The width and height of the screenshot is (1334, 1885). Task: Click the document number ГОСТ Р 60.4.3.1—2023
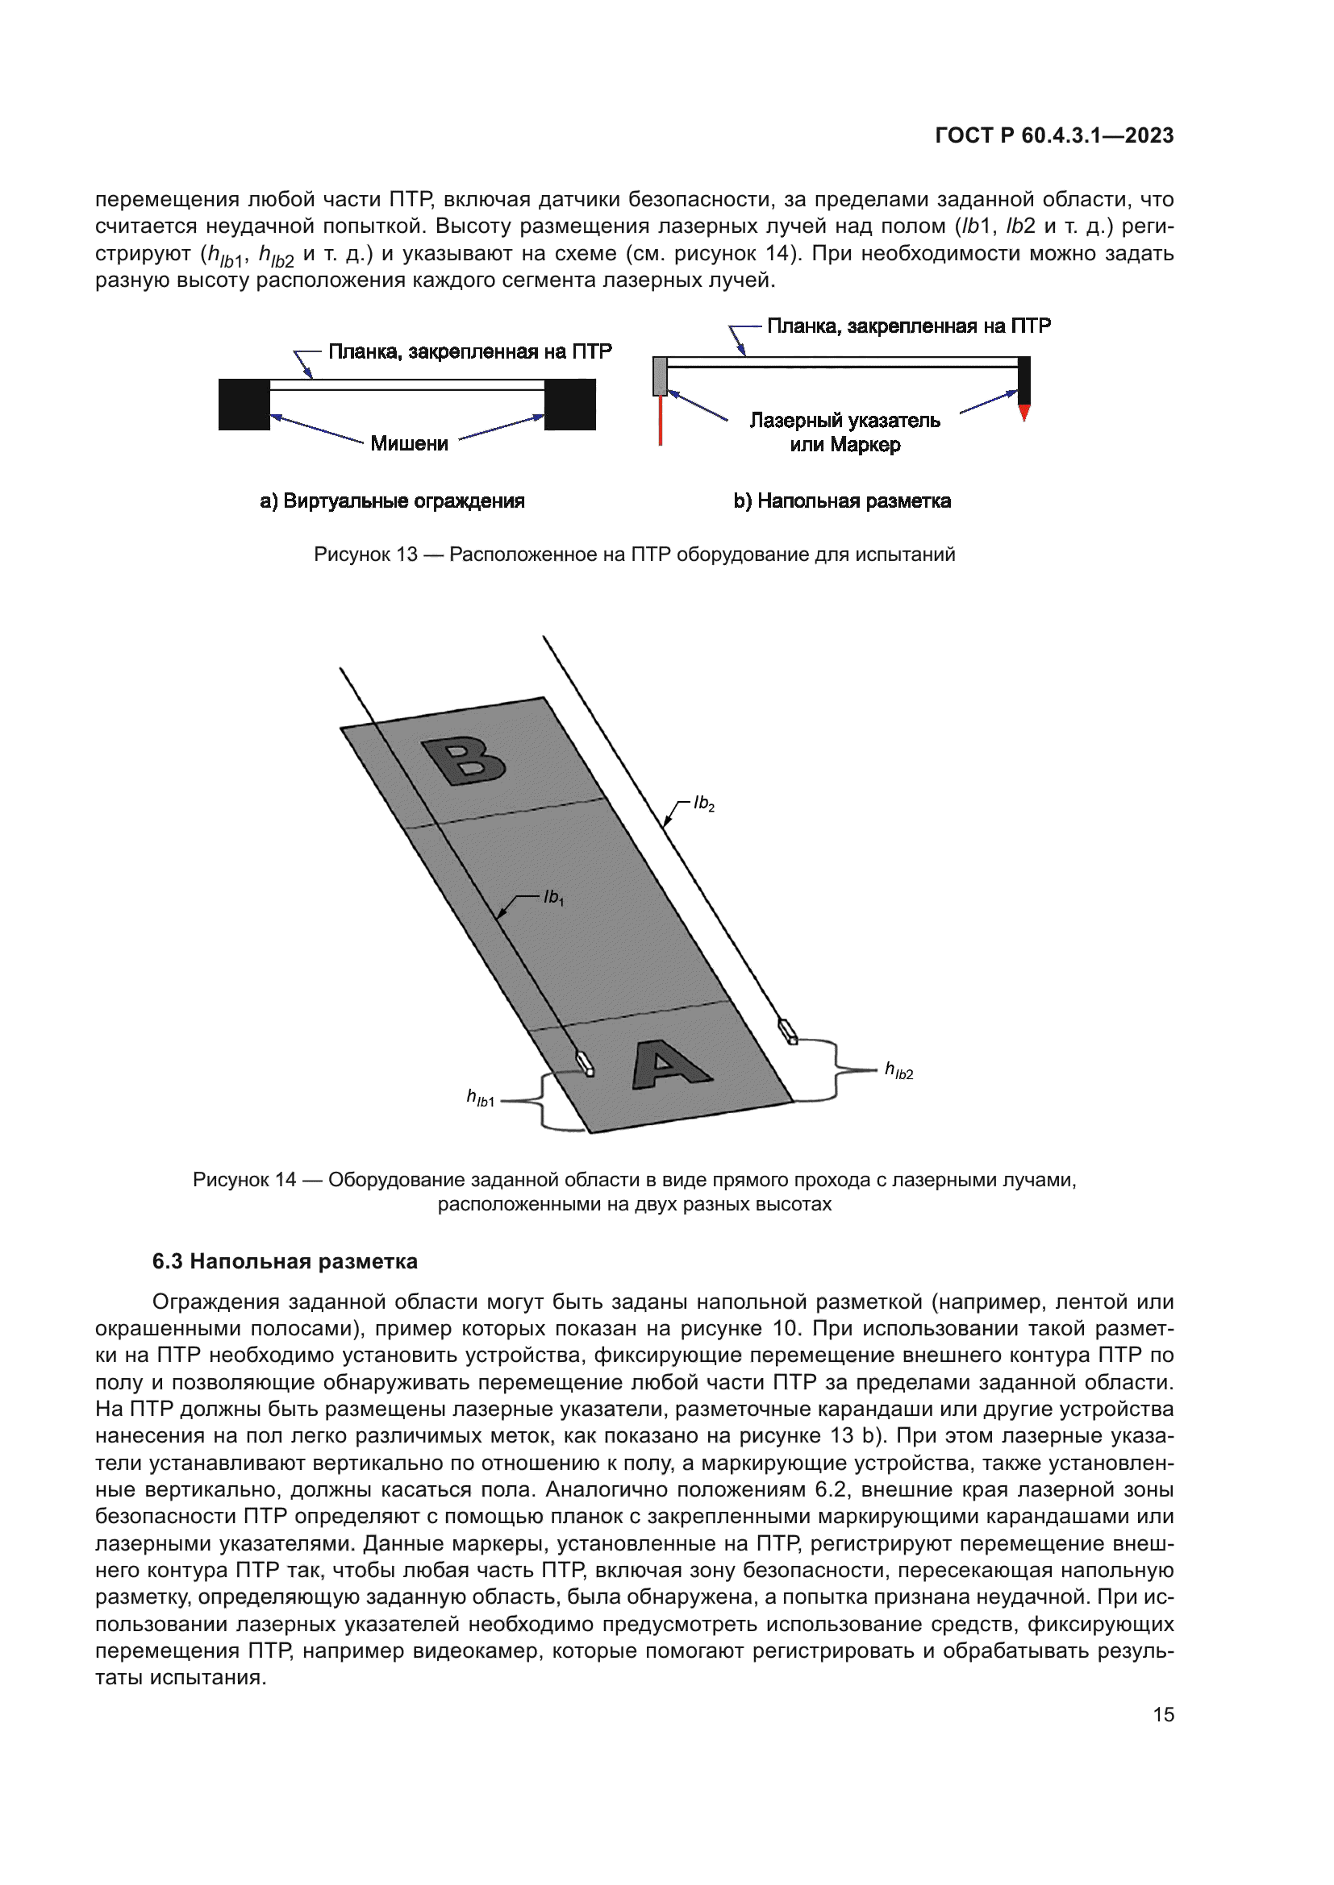tap(1054, 135)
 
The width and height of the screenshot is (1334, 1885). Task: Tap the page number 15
tap(1163, 1714)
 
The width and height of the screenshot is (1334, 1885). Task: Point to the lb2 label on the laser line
tap(704, 803)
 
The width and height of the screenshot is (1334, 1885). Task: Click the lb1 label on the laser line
tap(553, 897)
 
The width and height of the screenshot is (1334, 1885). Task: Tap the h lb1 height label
tap(481, 1098)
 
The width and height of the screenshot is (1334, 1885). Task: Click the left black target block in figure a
tap(244, 404)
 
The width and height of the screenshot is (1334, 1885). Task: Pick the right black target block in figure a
tap(570, 404)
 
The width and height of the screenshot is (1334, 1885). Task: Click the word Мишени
tap(409, 444)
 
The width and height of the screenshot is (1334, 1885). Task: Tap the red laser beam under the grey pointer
tap(661, 421)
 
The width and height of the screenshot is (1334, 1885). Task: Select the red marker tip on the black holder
tap(1024, 412)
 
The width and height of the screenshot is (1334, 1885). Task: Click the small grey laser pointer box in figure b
tap(660, 376)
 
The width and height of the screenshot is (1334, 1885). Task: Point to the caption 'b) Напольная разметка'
tap(842, 500)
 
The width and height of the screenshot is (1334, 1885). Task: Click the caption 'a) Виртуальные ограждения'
tap(392, 500)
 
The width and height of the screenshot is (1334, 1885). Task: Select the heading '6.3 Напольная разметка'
tap(284, 1261)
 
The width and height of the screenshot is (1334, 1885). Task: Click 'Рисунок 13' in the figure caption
tap(365, 554)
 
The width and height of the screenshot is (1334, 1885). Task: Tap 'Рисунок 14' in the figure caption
tap(244, 1180)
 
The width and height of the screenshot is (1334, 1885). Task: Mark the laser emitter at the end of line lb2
tap(788, 1032)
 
